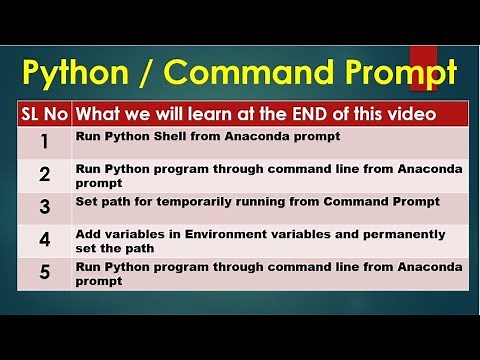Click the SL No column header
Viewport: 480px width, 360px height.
pos(44,115)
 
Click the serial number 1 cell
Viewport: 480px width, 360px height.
pos(44,141)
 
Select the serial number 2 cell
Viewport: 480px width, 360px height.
pos(44,176)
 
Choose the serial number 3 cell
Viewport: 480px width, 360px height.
pos(44,208)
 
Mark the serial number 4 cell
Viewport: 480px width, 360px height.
pos(44,241)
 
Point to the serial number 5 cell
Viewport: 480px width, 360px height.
pos(44,273)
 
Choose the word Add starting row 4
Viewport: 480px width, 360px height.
pos(88,234)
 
